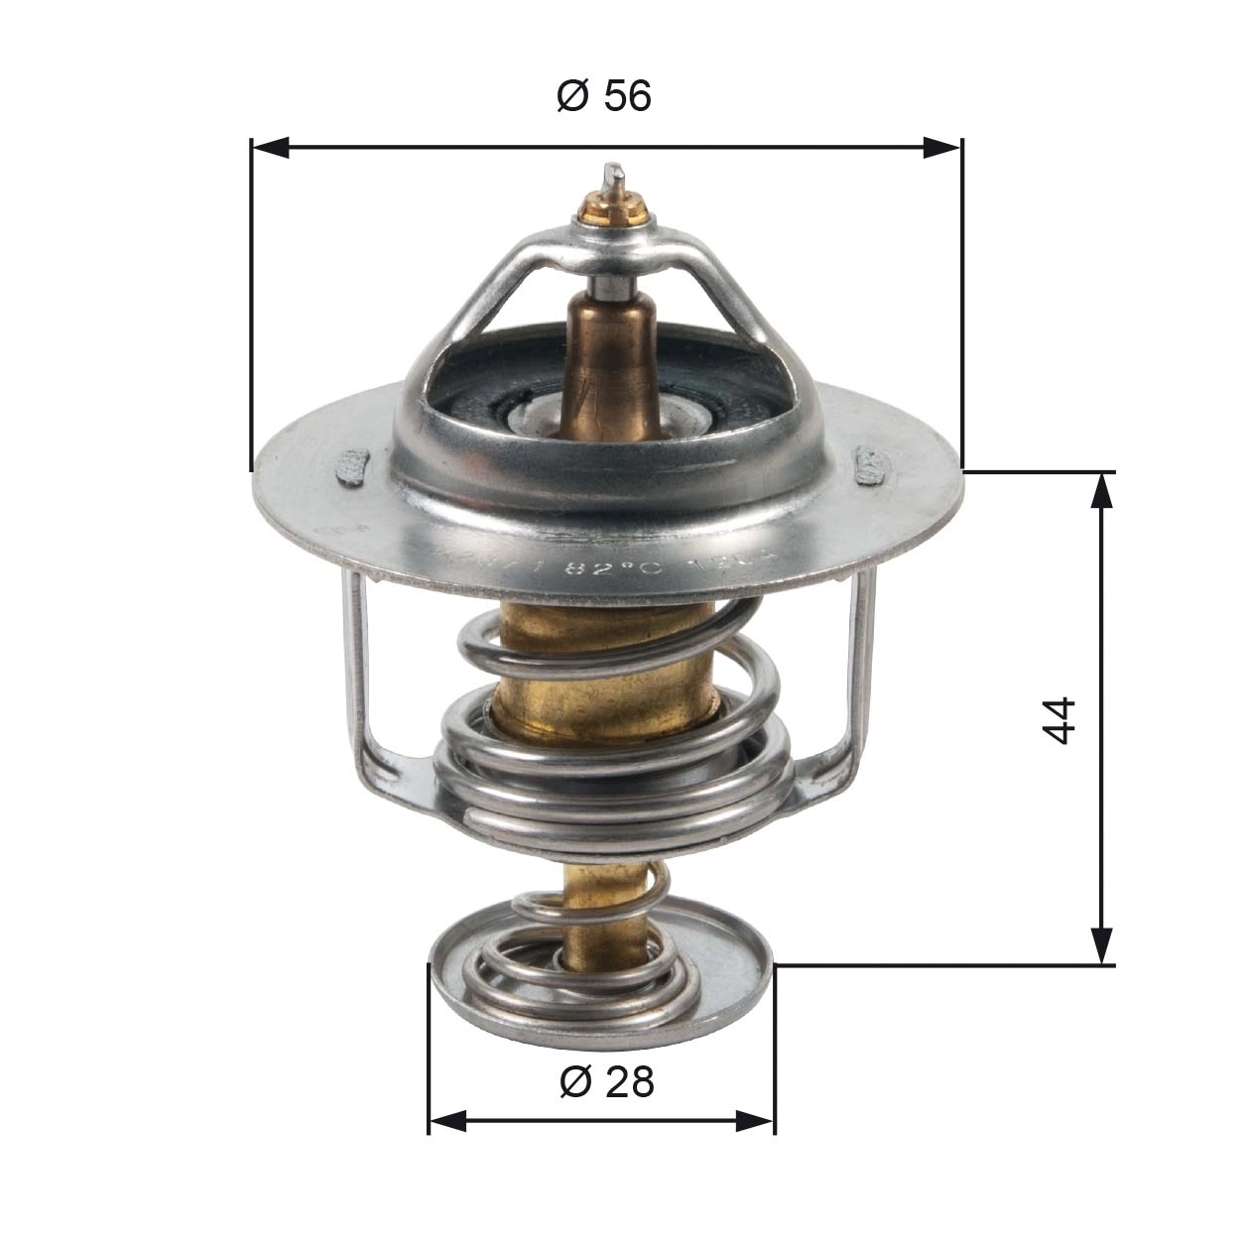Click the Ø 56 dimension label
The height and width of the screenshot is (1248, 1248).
coord(604,96)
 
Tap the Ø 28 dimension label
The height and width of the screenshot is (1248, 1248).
coord(606,1080)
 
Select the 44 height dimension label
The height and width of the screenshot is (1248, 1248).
coord(1060,719)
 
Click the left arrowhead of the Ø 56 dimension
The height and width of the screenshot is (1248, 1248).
coord(270,148)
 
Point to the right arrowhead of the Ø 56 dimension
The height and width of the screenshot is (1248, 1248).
coord(941,148)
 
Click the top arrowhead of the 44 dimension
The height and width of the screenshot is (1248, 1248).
coord(1101,491)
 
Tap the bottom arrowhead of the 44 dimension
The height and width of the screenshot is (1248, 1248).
coord(1101,945)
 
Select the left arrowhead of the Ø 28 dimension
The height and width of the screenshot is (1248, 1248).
coord(447,1121)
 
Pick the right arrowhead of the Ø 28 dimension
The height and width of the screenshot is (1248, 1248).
coord(755,1121)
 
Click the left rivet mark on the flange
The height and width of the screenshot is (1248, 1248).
coord(353,466)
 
